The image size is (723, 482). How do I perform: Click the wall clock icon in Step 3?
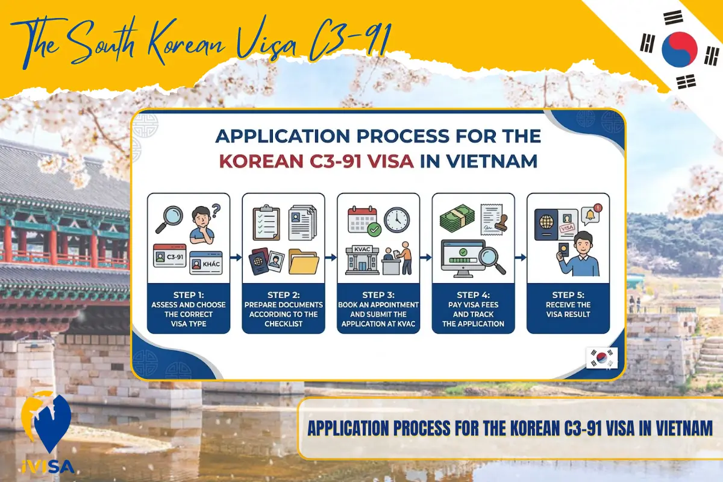coord(396,220)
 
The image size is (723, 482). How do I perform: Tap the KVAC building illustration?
coord(362,260)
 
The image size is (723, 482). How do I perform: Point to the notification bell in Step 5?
coord(590,214)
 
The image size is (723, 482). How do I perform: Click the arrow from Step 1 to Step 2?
coord(236,257)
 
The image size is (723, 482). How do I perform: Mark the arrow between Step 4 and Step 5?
coord(521,257)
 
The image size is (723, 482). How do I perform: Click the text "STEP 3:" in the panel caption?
coord(378,295)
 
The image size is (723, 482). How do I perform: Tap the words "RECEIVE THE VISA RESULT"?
coord(568,309)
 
